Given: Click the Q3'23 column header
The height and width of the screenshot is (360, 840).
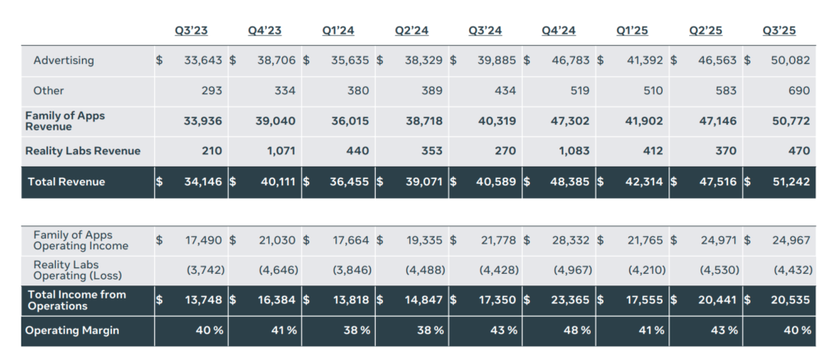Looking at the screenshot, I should coord(191,30).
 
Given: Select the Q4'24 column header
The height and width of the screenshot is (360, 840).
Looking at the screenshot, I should coord(559,30).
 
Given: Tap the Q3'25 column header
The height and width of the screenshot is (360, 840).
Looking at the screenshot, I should coord(779,30).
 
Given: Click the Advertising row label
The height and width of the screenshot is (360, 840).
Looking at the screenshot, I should coord(64,60).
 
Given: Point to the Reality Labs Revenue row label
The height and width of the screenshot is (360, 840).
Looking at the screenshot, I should coord(83,151).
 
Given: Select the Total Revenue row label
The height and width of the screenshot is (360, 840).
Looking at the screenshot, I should coord(66,181).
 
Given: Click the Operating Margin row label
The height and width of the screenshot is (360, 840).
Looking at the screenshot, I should coord(71,330).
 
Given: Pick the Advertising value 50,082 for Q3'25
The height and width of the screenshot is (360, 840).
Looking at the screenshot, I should coord(791,60).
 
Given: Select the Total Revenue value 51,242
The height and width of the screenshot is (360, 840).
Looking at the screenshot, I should coord(790,181).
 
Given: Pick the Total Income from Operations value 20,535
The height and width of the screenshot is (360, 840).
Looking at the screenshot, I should coord(791,299).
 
